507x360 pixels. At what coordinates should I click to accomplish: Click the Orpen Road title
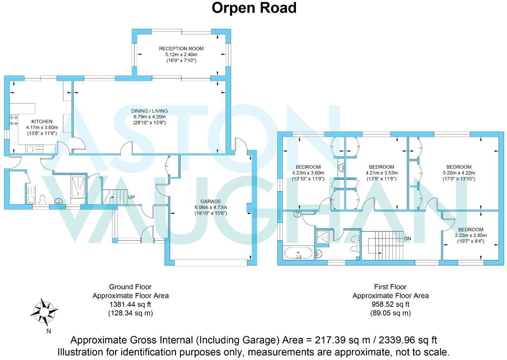click(254, 8)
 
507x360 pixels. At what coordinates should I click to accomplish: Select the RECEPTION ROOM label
click(181, 48)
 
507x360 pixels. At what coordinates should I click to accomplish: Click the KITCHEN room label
click(42, 121)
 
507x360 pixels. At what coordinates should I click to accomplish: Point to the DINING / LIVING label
click(149, 111)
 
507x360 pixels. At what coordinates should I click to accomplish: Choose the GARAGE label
click(211, 201)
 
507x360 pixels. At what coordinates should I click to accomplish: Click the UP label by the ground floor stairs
click(131, 197)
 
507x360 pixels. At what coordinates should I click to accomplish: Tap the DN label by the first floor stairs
click(408, 238)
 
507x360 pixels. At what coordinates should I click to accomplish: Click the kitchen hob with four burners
click(14, 120)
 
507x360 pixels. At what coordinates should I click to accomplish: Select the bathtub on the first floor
click(299, 253)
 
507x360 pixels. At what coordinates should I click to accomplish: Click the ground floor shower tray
click(78, 186)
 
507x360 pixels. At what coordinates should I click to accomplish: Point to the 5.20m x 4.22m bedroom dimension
click(459, 173)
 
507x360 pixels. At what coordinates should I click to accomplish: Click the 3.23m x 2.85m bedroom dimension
click(471, 235)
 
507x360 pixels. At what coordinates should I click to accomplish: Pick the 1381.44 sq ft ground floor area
click(130, 304)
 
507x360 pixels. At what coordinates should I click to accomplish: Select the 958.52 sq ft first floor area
click(390, 304)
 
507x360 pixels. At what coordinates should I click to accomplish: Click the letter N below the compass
click(48, 331)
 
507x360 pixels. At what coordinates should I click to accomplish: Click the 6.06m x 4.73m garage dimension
click(211, 208)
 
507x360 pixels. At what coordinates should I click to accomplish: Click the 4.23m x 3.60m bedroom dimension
click(308, 173)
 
